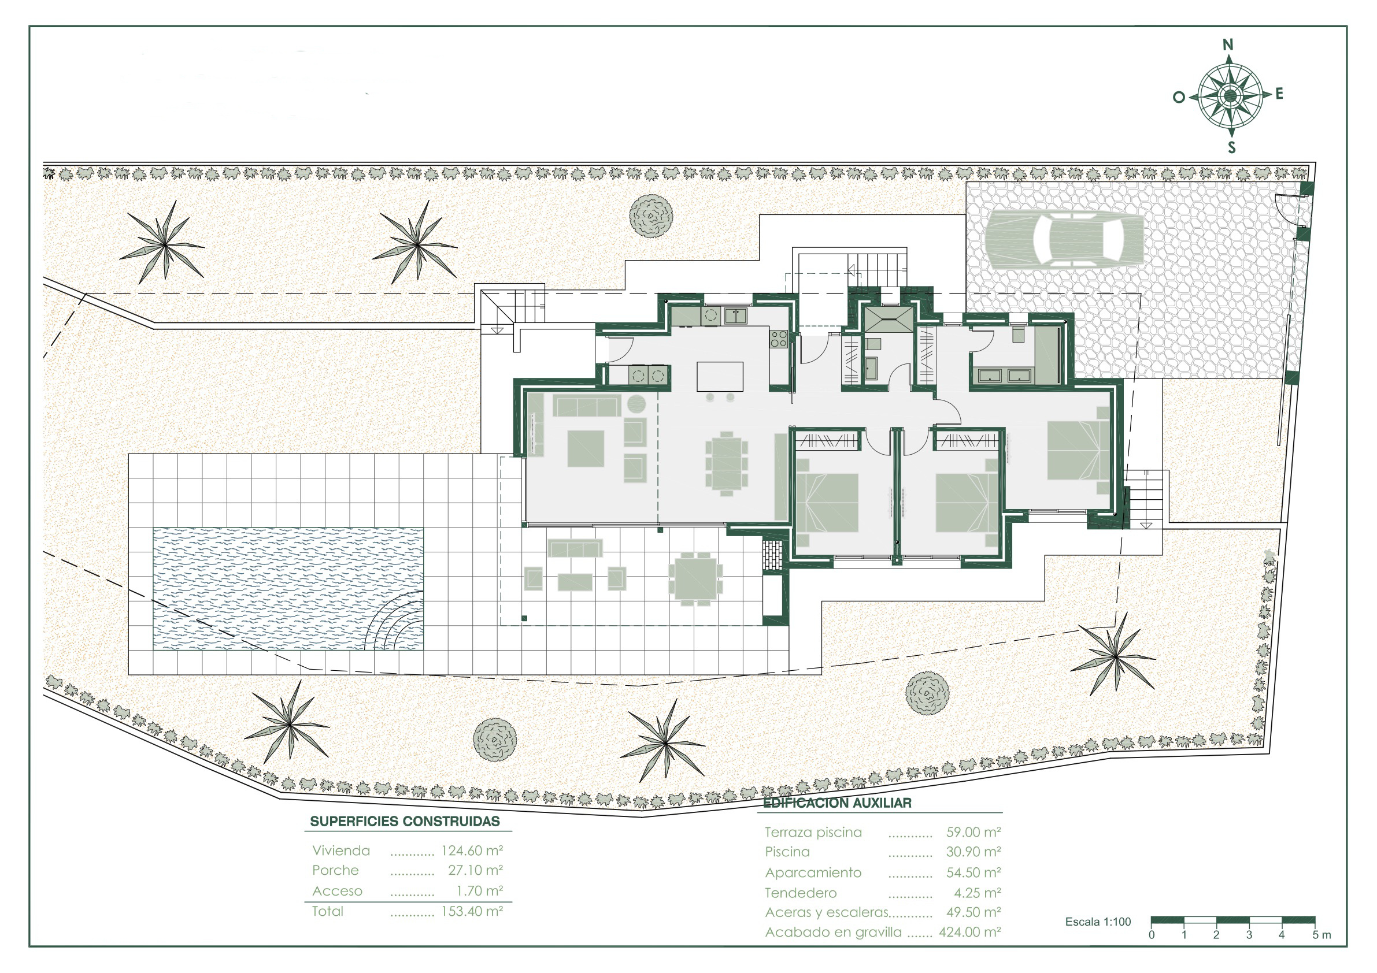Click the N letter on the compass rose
(1228, 45)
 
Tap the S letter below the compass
(1231, 147)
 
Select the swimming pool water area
(288, 589)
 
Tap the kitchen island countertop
(720, 377)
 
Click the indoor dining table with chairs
(726, 464)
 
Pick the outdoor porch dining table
(695, 578)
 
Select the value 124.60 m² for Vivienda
(472, 850)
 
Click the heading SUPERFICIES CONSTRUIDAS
(405, 821)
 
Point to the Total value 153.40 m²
(472, 911)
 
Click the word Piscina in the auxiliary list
(787, 852)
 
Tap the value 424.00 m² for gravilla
(970, 932)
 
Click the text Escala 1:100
(1098, 922)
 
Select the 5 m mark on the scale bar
(1322, 935)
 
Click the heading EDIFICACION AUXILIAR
(837, 803)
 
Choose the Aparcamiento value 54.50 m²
(973, 872)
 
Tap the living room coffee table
(586, 448)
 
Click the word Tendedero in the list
(801, 893)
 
